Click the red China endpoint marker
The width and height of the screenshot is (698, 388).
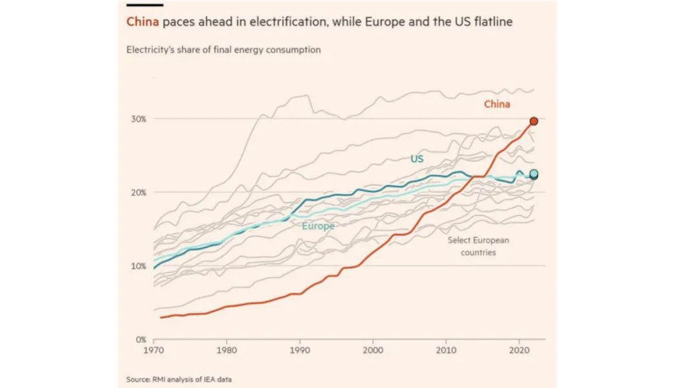point(534,121)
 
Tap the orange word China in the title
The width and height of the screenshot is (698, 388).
point(142,22)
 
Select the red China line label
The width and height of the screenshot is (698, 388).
point(497,104)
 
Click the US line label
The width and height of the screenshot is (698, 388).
point(417,158)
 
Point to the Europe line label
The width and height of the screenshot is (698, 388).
point(318,226)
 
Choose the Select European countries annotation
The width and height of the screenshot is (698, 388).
point(478,246)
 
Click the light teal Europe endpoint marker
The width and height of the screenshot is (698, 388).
point(534,173)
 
